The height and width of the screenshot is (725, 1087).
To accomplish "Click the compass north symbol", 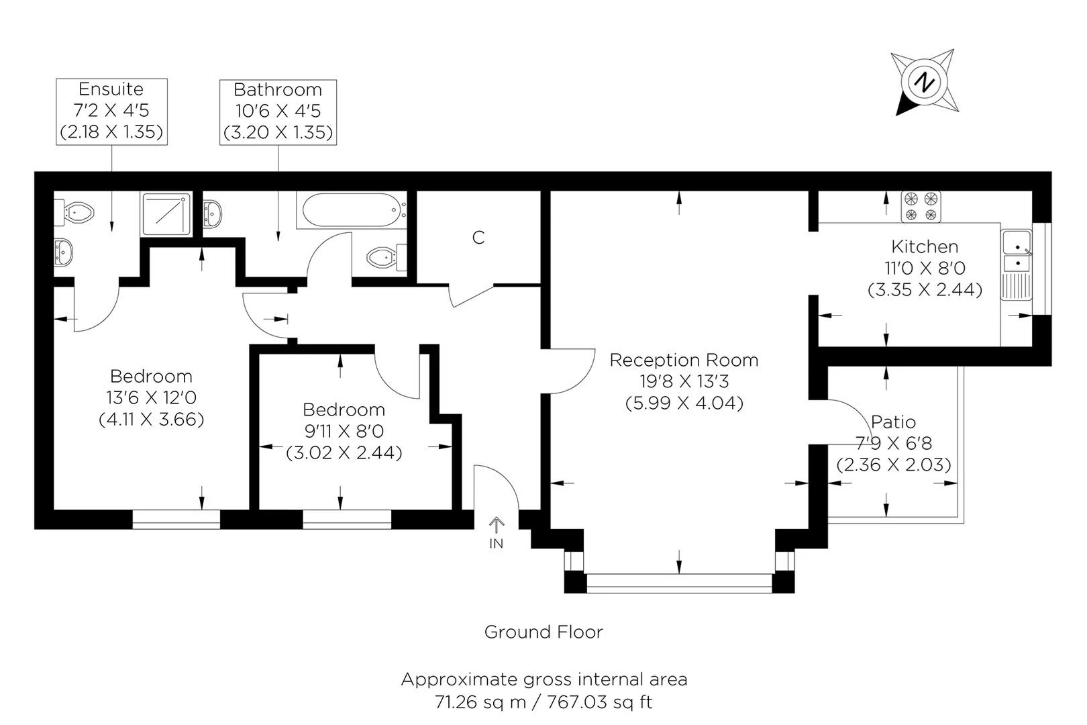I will pyautogui.click(x=925, y=82).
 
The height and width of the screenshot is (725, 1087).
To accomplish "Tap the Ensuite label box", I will pyautogui.click(x=111, y=111).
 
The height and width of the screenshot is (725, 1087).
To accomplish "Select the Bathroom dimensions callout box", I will pyautogui.click(x=278, y=111).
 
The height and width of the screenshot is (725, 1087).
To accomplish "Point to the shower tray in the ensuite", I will pyautogui.click(x=166, y=213).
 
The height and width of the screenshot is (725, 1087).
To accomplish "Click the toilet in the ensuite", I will pyautogui.click(x=78, y=212).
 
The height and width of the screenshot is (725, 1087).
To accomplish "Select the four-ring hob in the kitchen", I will pyautogui.click(x=921, y=206).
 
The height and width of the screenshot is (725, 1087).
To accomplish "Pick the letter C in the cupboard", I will pyautogui.click(x=478, y=238).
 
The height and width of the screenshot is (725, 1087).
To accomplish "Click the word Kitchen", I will pyautogui.click(x=925, y=246).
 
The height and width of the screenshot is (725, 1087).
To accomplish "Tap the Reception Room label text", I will pyautogui.click(x=684, y=360).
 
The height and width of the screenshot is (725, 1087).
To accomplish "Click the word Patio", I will pyautogui.click(x=893, y=422).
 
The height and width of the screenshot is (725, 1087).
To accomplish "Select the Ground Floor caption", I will pyautogui.click(x=543, y=632).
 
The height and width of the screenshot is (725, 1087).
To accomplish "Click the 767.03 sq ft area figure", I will pyautogui.click(x=600, y=703).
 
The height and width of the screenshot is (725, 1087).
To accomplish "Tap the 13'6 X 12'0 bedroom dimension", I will pyautogui.click(x=152, y=397).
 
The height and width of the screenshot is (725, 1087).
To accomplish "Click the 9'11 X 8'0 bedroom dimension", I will pyautogui.click(x=344, y=431).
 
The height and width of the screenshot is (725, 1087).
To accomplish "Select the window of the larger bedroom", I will pyautogui.click(x=176, y=519).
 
